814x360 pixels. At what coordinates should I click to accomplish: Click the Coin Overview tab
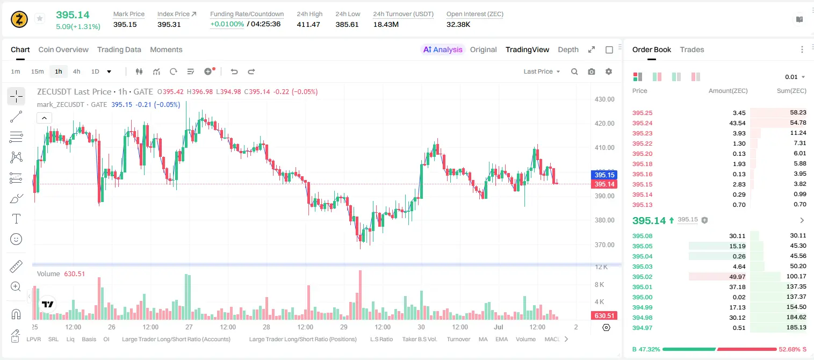click(63, 49)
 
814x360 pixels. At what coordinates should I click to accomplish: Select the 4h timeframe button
click(76, 71)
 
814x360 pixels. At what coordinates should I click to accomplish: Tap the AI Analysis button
click(443, 49)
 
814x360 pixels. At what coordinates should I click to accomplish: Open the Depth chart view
click(568, 49)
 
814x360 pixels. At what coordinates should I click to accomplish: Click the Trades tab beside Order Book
click(692, 49)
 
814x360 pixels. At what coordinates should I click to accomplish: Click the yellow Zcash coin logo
click(19, 19)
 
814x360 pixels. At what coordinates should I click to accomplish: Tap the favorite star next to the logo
click(40, 18)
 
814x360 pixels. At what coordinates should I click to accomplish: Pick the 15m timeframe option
click(37, 71)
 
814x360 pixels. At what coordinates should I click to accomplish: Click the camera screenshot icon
click(592, 71)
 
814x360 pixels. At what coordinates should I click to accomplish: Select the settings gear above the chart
click(609, 71)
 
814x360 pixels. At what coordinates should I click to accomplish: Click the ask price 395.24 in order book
click(642, 123)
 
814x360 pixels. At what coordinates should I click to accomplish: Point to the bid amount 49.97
click(737, 277)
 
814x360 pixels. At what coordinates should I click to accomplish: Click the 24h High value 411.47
click(308, 24)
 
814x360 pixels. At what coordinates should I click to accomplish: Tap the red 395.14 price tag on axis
click(604, 184)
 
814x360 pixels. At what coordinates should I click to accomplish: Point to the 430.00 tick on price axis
click(604, 99)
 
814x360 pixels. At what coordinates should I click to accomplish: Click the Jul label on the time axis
click(498, 327)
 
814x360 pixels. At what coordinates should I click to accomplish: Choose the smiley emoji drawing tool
click(16, 239)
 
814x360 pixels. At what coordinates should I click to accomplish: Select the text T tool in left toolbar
click(16, 219)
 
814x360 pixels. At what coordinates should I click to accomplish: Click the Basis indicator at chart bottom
click(89, 339)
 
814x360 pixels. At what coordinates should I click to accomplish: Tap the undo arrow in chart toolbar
click(234, 71)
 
